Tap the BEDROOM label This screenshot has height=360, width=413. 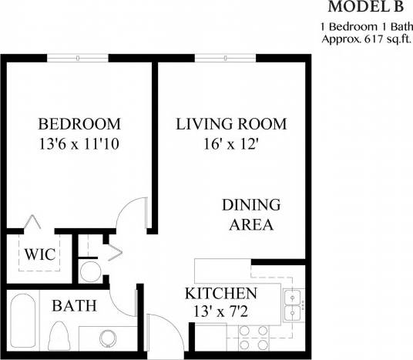click(x=79, y=124)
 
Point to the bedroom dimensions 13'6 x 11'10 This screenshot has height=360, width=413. click(x=79, y=143)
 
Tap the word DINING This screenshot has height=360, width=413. click(x=250, y=205)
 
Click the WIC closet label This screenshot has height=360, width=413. click(x=39, y=254)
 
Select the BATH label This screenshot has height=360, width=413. click(x=74, y=306)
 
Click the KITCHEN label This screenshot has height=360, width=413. click(x=220, y=294)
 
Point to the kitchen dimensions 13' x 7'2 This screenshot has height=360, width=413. click(x=220, y=313)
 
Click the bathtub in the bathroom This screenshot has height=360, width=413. click(x=21, y=326)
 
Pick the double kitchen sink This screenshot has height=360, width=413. click(x=292, y=305)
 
